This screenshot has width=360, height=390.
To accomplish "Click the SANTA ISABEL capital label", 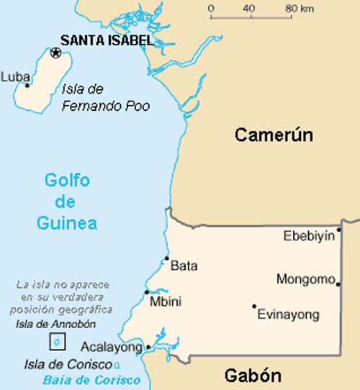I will coord(107,40).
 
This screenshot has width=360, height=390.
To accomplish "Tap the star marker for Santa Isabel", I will coord(55,52).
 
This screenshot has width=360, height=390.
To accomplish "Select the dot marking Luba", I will coord(27,85).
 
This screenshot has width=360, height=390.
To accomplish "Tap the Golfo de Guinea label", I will coord(67,201).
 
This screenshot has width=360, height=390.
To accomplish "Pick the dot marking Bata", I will coord(167,258).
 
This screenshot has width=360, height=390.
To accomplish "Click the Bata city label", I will coord(184,266).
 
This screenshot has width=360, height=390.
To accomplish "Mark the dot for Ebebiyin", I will coord(338,230).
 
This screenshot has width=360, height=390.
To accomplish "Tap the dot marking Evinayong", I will coord(254,306).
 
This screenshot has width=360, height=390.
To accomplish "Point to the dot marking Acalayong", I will coord(148,347).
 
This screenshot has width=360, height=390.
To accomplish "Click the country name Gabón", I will coord(252,375).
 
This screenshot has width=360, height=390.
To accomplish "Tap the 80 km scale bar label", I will coord(300,9).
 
